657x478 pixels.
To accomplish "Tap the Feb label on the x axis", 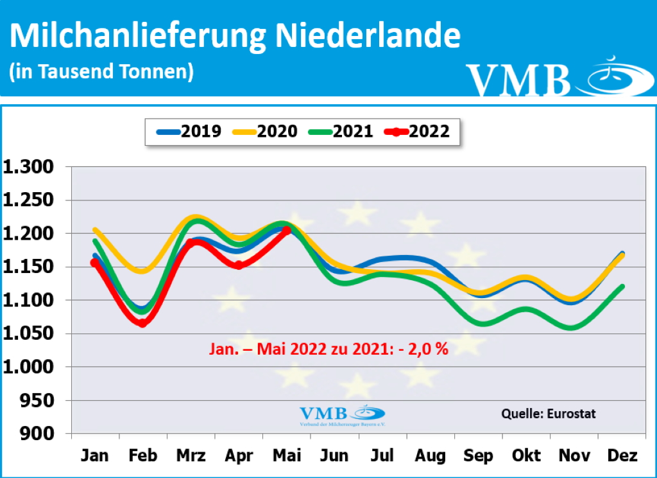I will coord(142,456).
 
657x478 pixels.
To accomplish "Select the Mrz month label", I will coord(191,456).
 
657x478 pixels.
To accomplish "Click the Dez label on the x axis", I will coord(622,456).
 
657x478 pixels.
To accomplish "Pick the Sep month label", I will coord(479,456).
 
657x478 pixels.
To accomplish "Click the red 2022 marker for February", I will coord(142,323).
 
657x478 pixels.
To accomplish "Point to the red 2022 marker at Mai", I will coord(287,230).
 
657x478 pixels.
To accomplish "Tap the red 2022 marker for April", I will coord(239,265).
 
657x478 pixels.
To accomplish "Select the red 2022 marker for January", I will coord(95,262).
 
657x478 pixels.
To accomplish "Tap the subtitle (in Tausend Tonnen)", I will coord(101,71).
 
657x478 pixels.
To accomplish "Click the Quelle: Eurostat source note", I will coord(548,414).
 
